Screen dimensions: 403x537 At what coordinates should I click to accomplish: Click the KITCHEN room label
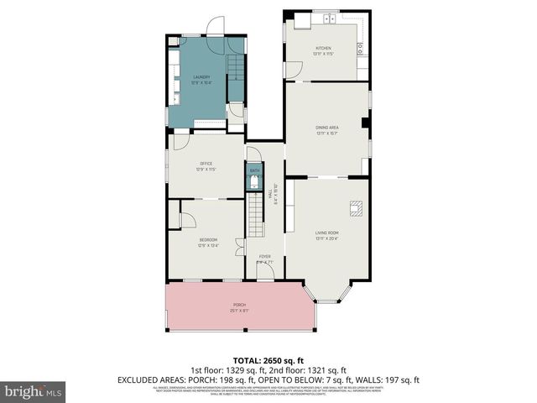(x=324, y=49)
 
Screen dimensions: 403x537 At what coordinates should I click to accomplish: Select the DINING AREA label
(x=326, y=127)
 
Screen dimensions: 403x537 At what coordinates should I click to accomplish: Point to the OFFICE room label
(x=206, y=163)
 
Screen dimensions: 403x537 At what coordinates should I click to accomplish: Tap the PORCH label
(x=240, y=306)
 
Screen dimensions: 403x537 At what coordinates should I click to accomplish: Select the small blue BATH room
(x=254, y=177)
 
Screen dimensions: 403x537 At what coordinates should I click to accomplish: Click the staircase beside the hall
(x=255, y=214)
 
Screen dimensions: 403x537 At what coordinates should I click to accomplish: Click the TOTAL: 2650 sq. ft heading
(x=268, y=359)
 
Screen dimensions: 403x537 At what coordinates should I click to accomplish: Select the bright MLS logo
(x=34, y=390)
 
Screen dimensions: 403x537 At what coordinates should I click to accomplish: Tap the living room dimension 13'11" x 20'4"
(x=326, y=239)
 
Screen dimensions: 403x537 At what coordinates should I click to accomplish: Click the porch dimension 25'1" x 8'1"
(x=240, y=311)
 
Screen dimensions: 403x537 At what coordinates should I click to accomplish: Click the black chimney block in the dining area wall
(x=365, y=122)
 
